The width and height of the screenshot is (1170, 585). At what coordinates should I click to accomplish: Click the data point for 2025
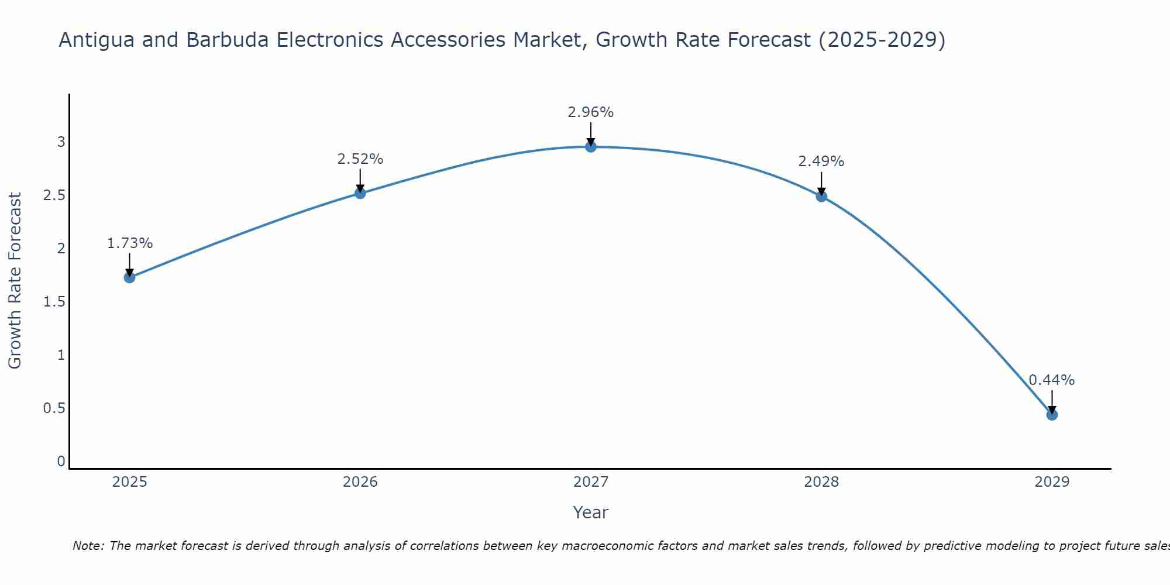pos(130,277)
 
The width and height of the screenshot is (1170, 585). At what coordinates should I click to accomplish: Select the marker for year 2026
pos(360,193)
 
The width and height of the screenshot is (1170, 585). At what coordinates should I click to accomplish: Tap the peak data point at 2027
pos(591,147)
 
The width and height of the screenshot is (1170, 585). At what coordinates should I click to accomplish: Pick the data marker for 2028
pos(821,197)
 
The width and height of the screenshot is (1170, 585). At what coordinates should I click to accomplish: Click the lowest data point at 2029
pos(1052,415)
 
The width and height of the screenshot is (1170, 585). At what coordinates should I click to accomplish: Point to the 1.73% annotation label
pos(130,243)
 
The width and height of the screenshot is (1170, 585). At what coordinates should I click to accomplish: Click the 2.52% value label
pos(360,159)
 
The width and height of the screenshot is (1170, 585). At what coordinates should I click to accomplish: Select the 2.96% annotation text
pos(591,112)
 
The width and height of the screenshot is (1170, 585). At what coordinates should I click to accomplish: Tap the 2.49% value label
pos(821,161)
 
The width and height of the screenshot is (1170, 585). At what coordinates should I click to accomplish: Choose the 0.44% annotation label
pos(1052,380)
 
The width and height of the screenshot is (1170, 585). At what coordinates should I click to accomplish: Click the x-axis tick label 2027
pos(591,482)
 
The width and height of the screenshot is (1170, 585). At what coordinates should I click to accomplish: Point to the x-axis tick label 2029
pos(1052,482)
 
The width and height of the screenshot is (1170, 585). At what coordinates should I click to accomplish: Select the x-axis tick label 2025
pos(130,482)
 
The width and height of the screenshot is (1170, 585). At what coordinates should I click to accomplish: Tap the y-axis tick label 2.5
pos(54,195)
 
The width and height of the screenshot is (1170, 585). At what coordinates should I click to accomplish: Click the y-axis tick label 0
pos(61,462)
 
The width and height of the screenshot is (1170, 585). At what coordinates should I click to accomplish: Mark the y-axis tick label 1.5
pos(54,302)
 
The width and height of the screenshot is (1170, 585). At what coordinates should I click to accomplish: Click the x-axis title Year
pos(591,512)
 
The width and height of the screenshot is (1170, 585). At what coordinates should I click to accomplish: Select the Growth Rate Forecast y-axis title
pos(15,281)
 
